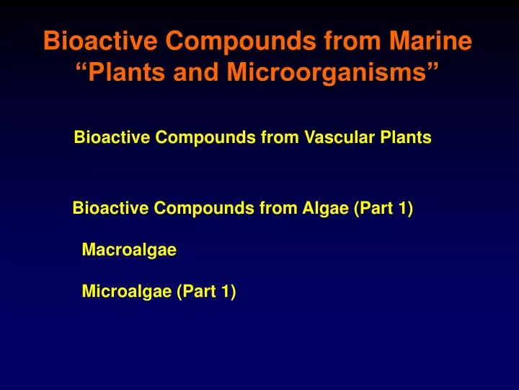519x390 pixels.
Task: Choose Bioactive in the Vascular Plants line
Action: tap(106, 137)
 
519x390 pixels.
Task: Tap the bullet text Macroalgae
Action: tap(129, 251)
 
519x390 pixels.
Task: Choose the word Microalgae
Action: tap(127, 292)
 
